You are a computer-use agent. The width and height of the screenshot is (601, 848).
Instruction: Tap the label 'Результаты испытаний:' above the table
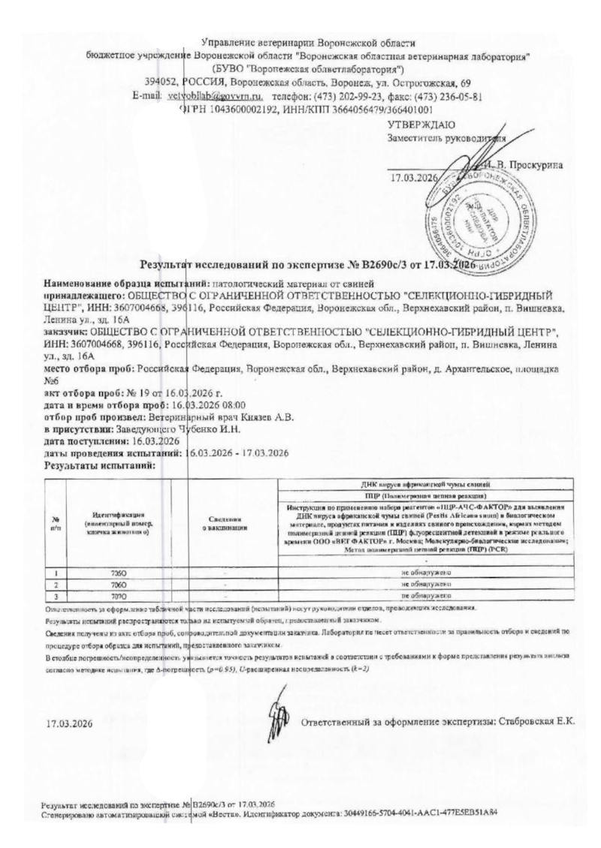(99, 465)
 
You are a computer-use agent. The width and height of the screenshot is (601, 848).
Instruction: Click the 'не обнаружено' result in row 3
(425, 594)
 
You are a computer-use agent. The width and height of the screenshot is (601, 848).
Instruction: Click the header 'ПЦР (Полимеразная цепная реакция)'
(425, 497)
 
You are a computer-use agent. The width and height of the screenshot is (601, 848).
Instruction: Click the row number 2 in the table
(56, 583)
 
